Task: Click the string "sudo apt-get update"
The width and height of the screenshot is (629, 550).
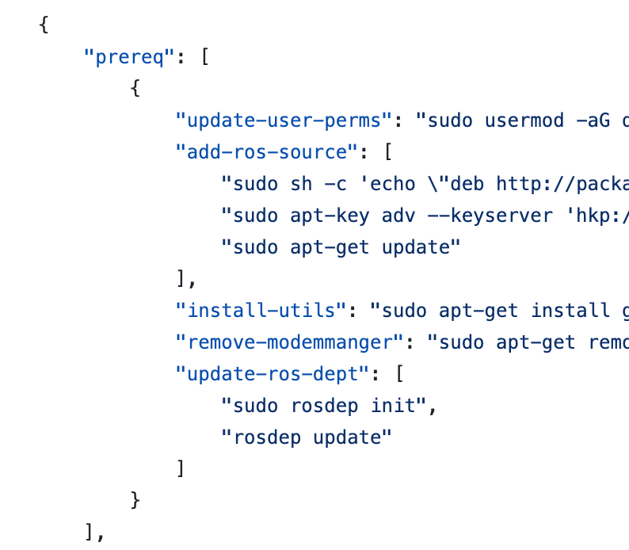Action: [x=341, y=247]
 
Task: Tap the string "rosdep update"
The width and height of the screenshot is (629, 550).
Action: [x=307, y=437]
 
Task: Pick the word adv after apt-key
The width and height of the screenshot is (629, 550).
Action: [x=404, y=216]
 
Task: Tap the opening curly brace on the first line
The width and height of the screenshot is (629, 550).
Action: [x=44, y=25]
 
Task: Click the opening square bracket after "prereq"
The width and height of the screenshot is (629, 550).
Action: [x=204, y=57]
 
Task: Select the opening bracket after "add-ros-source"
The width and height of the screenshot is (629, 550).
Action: [x=388, y=152]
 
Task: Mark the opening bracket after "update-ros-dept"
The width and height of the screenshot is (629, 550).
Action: [x=399, y=374]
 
